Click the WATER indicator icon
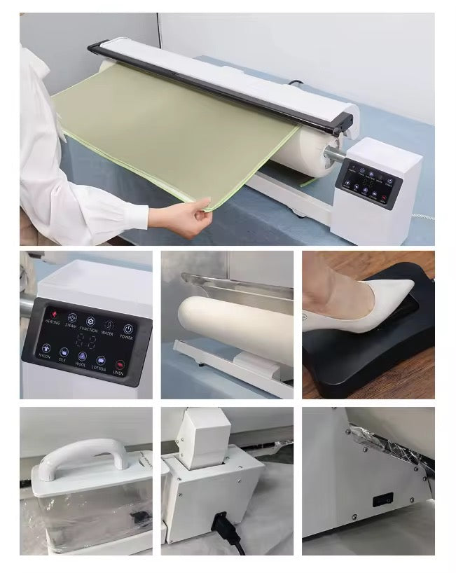(108, 324)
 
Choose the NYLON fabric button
(46, 347)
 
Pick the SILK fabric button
(64, 352)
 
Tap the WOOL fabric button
(82, 357)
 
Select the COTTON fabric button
(99, 360)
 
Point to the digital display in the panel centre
(86, 342)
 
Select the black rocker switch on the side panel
(382, 500)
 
